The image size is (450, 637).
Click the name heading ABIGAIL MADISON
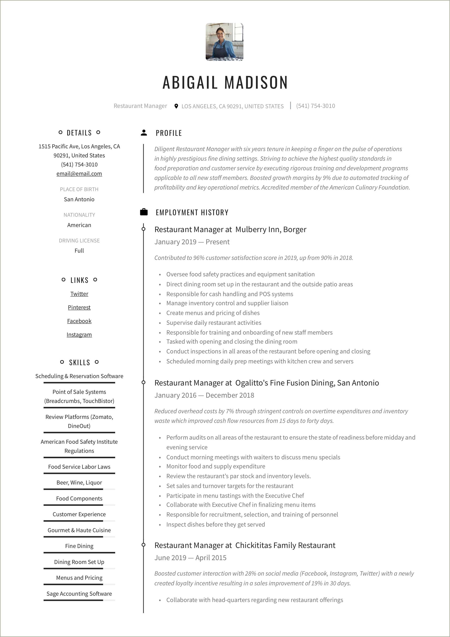(x=225, y=83)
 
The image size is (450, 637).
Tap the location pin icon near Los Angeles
(x=176, y=106)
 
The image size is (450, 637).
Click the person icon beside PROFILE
(x=144, y=133)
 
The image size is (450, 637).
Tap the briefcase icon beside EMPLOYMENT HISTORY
(x=144, y=212)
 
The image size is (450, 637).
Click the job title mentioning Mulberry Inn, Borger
(x=230, y=230)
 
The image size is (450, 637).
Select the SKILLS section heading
(x=79, y=362)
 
